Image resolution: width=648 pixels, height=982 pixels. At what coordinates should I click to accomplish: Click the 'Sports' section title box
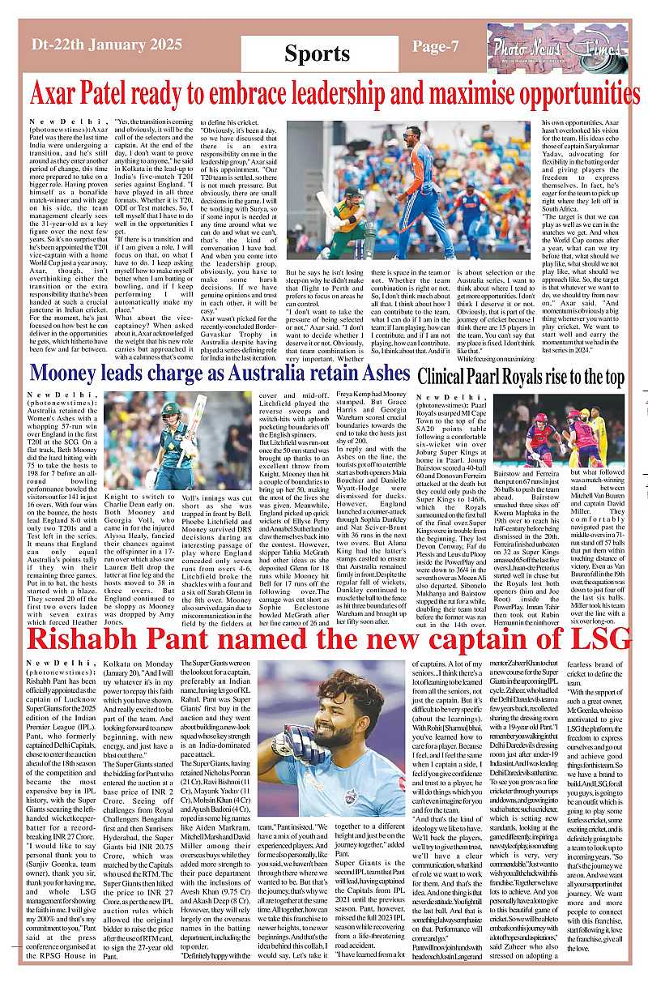[x=317, y=53]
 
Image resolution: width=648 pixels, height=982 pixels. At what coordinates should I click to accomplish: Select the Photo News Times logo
[x=550, y=49]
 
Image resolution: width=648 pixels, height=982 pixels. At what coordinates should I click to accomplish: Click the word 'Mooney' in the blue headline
[x=67, y=374]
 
